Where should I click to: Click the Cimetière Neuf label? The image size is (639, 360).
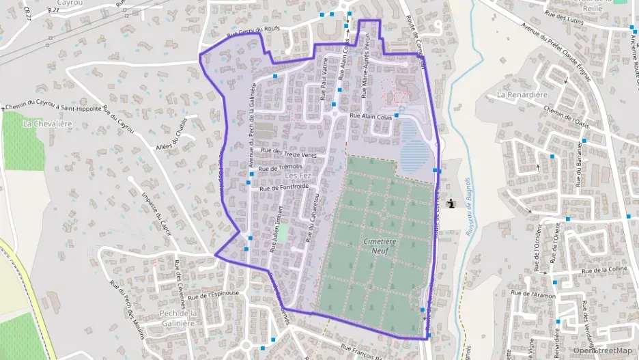[x=375, y=246]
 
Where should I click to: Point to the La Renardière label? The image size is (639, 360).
[x=524, y=94]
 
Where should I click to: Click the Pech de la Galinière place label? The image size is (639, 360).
[x=177, y=318]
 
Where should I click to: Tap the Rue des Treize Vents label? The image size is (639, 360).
[x=285, y=153]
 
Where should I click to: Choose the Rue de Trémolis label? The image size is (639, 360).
[x=281, y=167]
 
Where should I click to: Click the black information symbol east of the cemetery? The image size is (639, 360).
[x=450, y=203]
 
